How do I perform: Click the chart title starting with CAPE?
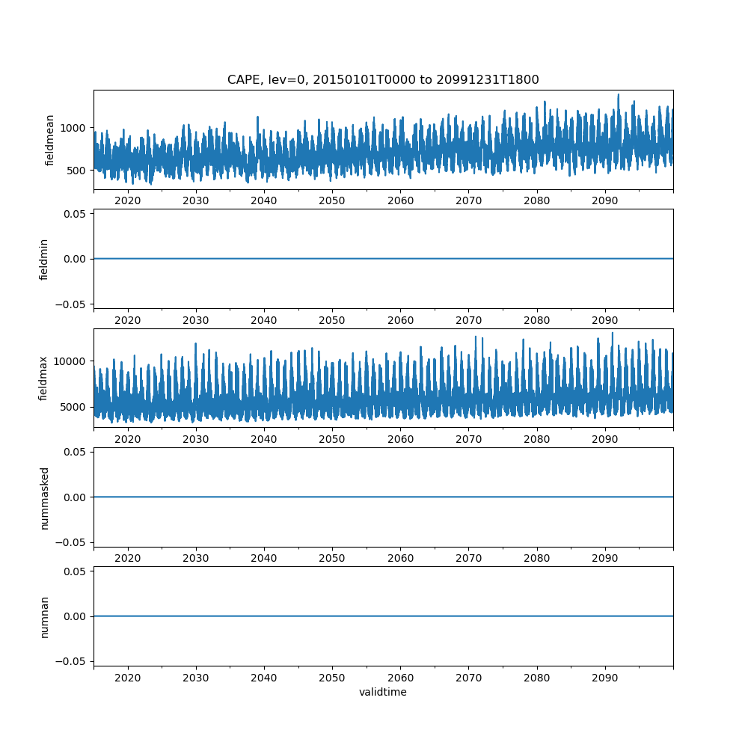click(383, 80)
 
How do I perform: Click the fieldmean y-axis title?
click(50, 140)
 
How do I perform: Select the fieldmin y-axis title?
click(44, 259)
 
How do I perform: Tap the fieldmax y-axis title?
click(44, 378)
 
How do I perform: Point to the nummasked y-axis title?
click(44, 497)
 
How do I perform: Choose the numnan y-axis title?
click(44, 616)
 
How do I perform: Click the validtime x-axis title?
click(383, 693)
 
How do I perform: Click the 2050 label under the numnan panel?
click(332, 678)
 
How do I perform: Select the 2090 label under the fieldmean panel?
click(604, 200)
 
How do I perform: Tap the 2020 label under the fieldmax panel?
click(128, 439)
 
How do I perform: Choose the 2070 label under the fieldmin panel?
click(468, 320)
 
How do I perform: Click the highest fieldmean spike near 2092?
click(619, 95)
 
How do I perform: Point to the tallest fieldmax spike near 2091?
click(613, 333)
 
